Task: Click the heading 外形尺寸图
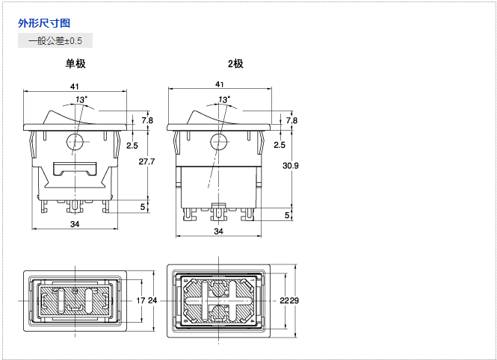coord(44,23)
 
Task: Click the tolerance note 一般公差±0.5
coord(55,40)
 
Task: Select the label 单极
coord(75,63)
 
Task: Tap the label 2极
coord(235,63)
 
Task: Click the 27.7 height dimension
coord(147,161)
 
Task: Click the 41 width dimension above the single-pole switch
coord(75,86)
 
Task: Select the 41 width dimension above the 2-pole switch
coord(219,85)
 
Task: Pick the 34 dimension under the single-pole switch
coord(75,224)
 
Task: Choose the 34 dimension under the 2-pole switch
coord(218,232)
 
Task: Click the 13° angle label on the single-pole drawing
coord(80,99)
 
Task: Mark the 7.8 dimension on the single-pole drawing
coord(147,120)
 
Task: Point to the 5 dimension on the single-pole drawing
coord(143,206)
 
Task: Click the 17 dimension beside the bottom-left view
coord(141,300)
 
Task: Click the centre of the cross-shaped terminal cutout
coord(218,300)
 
